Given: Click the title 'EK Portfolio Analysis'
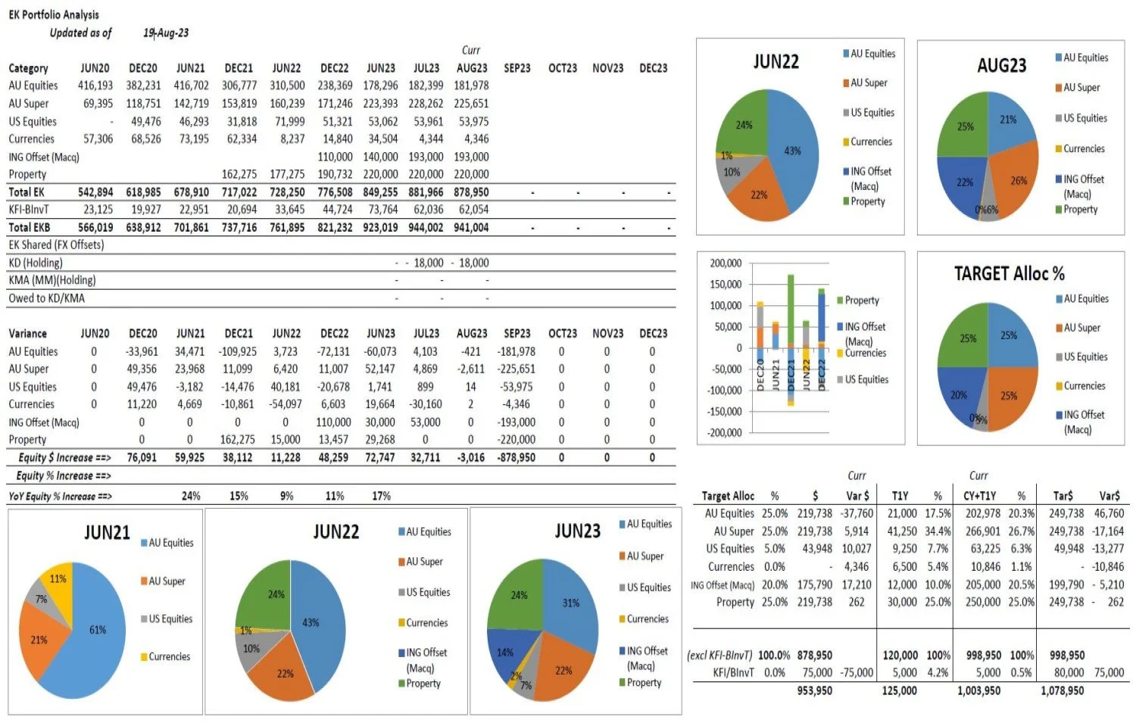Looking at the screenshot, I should coord(53,14).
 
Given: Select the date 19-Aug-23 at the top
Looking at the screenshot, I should coord(166,33).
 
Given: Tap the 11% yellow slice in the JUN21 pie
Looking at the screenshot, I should coord(58,578).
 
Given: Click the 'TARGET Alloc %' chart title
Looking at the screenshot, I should coord(1009,273).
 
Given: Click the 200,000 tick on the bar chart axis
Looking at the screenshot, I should coord(726,263).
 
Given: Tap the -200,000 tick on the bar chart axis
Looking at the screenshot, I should coord(723,433).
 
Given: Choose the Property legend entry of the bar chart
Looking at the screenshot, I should coord(861,301).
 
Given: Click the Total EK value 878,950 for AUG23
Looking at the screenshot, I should coord(471,192).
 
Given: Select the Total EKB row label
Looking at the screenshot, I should coord(29,227).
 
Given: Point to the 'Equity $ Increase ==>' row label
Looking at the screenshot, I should coord(64,457).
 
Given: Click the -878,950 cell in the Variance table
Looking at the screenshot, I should coord(516,457).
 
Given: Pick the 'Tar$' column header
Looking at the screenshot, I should coord(1063,496).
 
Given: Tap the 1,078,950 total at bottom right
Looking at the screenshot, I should coord(1062,690).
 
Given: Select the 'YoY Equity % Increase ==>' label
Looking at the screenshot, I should coord(60,497).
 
